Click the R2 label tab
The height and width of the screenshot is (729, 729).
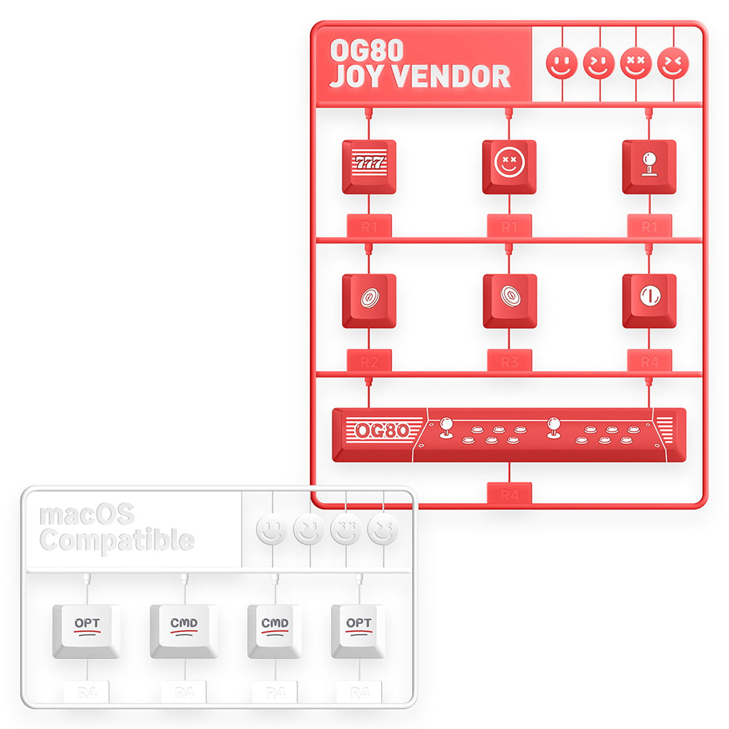[369, 361]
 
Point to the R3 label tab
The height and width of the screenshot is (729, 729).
[509, 361]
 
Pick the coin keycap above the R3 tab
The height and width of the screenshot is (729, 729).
[509, 299]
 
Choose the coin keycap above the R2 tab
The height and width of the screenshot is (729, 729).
[369, 299]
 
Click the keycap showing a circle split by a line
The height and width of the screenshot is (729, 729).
[649, 299]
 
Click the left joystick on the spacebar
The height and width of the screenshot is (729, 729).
[447, 428]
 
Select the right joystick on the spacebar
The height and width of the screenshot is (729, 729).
[554, 428]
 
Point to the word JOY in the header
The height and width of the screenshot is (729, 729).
[355, 76]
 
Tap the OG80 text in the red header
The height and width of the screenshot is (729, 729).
[356, 50]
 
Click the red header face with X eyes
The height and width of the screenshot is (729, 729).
[636, 63]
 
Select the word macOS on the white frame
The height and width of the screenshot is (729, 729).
[86, 514]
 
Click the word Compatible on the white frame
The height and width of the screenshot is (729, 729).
[117, 541]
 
